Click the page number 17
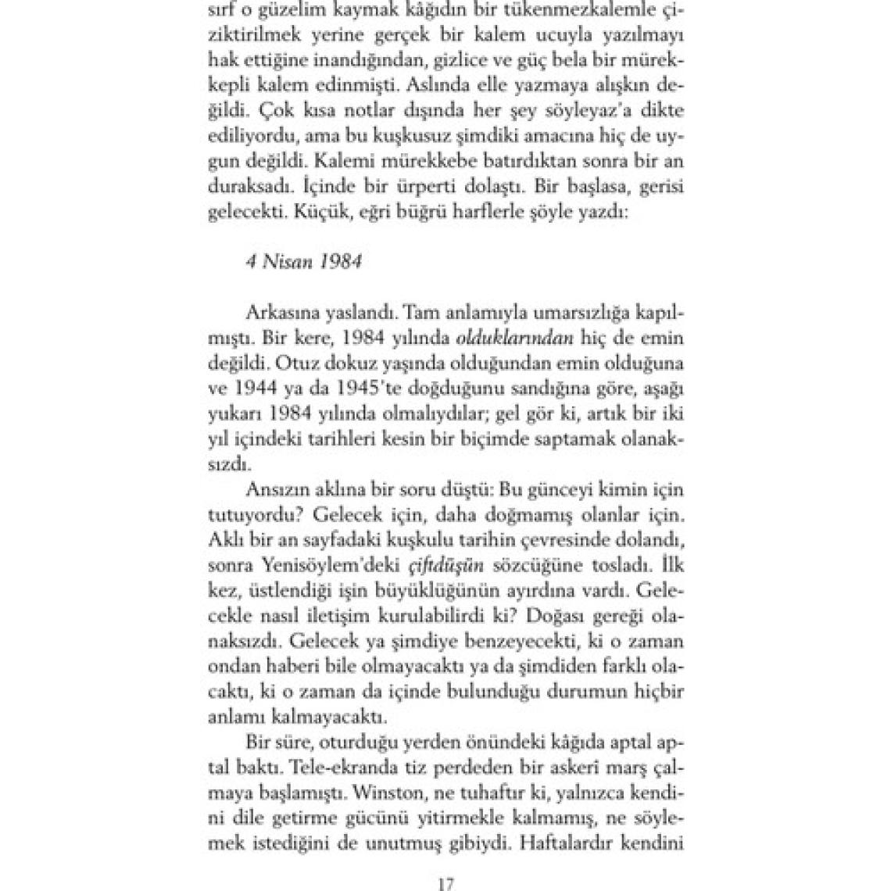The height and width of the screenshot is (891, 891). [x=445, y=884]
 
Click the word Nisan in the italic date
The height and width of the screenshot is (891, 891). [x=288, y=261]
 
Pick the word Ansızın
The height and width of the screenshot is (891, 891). [x=275, y=491]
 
